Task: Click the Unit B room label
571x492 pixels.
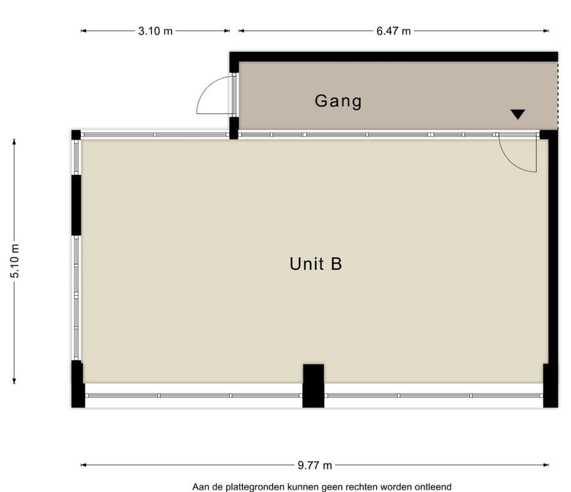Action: (x=316, y=264)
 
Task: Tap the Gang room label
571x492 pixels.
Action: (x=338, y=101)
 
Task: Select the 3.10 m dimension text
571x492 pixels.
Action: (x=155, y=31)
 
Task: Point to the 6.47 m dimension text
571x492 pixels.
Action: (x=393, y=31)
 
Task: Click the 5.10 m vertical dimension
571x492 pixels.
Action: (x=15, y=261)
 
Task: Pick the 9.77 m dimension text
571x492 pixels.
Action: (x=314, y=466)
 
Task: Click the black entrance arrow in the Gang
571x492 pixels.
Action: (x=518, y=115)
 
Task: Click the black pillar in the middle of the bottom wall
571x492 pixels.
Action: (x=313, y=385)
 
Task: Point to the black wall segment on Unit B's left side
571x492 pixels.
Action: (x=76, y=205)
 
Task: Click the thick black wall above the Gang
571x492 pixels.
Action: (x=394, y=56)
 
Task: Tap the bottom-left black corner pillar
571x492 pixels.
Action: (x=77, y=384)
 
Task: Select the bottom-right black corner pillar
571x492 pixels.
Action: (x=550, y=385)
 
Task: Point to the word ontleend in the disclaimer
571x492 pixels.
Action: (x=433, y=487)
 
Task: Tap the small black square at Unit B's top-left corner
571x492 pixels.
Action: (x=76, y=135)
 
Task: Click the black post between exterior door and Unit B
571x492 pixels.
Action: (x=234, y=127)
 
